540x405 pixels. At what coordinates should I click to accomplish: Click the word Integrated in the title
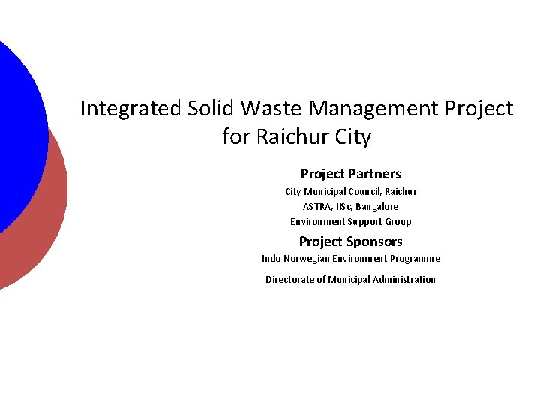pos(131,109)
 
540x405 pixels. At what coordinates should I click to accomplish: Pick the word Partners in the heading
pos(376,174)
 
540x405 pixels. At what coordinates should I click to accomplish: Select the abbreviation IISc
pos(343,207)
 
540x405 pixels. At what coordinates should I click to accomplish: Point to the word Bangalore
pos(377,207)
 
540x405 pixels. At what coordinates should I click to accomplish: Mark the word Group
pos(398,222)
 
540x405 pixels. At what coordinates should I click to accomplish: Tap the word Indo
pos(271,259)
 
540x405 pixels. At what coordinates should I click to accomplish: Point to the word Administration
pos(402,280)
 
